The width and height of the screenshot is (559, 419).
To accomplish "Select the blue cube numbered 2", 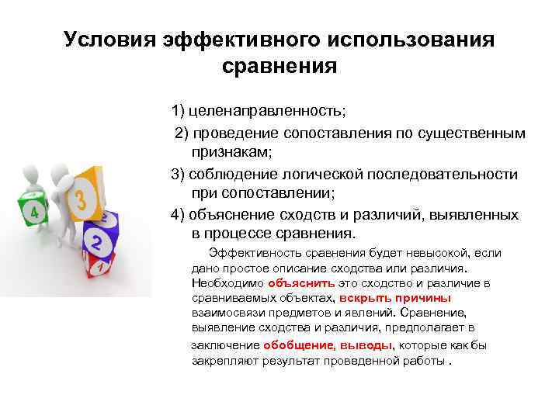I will point(96,241).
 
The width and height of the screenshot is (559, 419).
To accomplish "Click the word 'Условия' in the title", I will point(109,40).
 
